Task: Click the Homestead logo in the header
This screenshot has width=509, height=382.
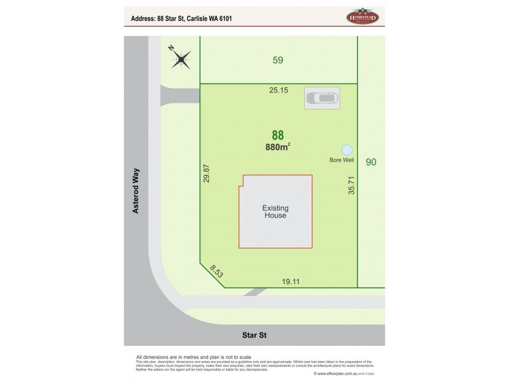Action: coord(362,18)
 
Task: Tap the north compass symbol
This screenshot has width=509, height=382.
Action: coord(181,60)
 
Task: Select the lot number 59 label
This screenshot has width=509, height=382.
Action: coord(277,60)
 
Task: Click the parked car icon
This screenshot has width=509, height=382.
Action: coord(323,99)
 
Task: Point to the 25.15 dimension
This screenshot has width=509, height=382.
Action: coord(279,90)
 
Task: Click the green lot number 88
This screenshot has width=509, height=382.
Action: coord(278,135)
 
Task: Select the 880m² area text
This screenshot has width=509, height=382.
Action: coord(278,147)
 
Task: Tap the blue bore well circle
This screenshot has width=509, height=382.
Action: coord(347,150)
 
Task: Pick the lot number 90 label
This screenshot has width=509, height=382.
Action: coord(372,162)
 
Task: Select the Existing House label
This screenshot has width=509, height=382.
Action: coord(275,211)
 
